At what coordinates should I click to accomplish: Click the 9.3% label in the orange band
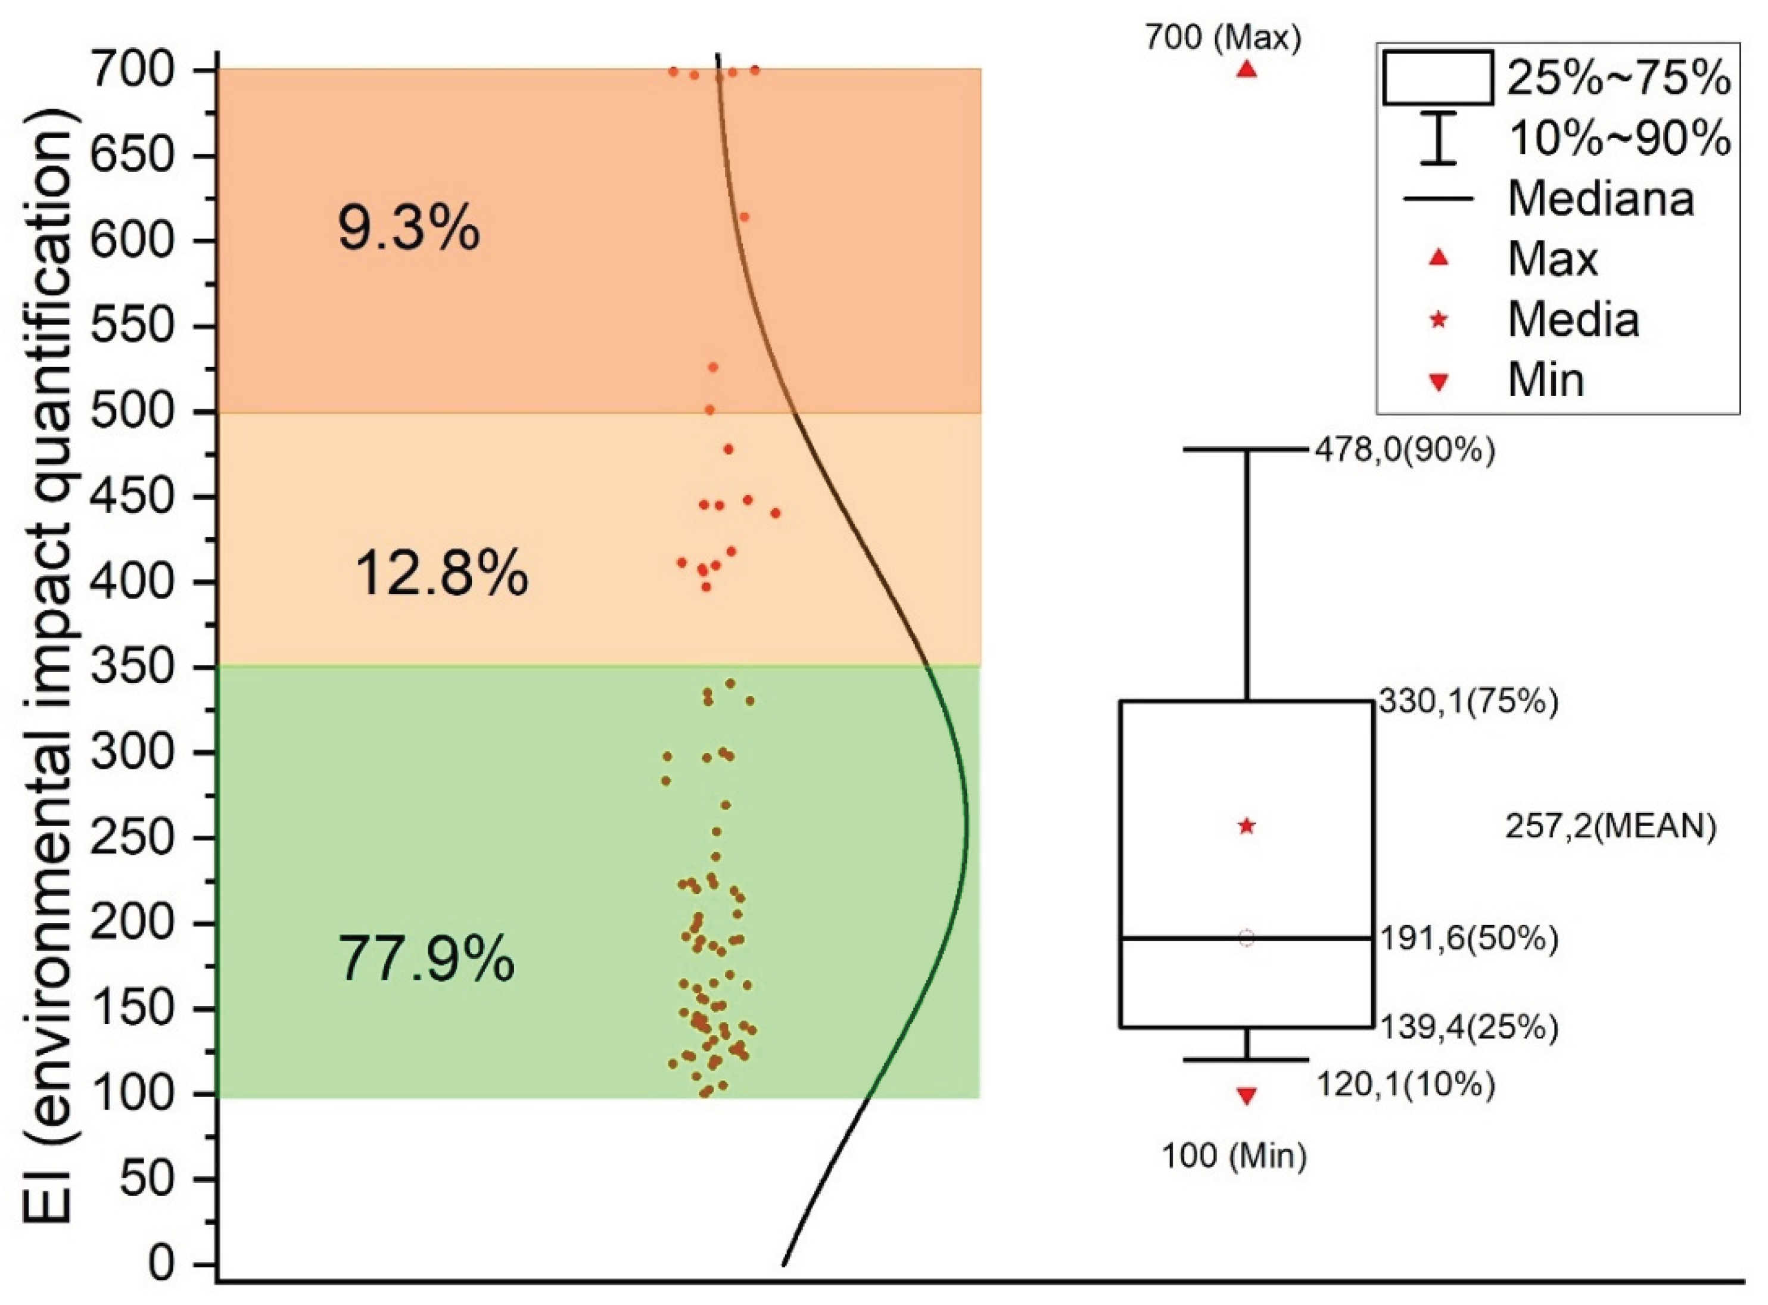[x=409, y=229]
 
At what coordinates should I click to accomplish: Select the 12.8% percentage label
[x=441, y=574]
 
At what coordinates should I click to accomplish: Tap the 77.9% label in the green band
[x=427, y=959]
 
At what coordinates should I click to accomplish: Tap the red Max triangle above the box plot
[x=1247, y=70]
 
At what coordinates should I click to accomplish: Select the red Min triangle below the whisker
[x=1247, y=1096]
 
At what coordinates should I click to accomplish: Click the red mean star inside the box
[x=1247, y=826]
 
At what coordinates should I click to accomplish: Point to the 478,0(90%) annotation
[x=1405, y=451]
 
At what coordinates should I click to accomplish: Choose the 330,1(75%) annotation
[x=1468, y=702]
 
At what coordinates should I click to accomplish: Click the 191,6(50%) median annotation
[x=1468, y=939]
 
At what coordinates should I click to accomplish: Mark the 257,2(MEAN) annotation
[x=1610, y=827]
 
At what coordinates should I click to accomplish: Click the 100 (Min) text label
[x=1234, y=1157]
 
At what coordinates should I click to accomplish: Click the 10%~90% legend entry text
[x=1618, y=139]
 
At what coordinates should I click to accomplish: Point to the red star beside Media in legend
[x=1439, y=320]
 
